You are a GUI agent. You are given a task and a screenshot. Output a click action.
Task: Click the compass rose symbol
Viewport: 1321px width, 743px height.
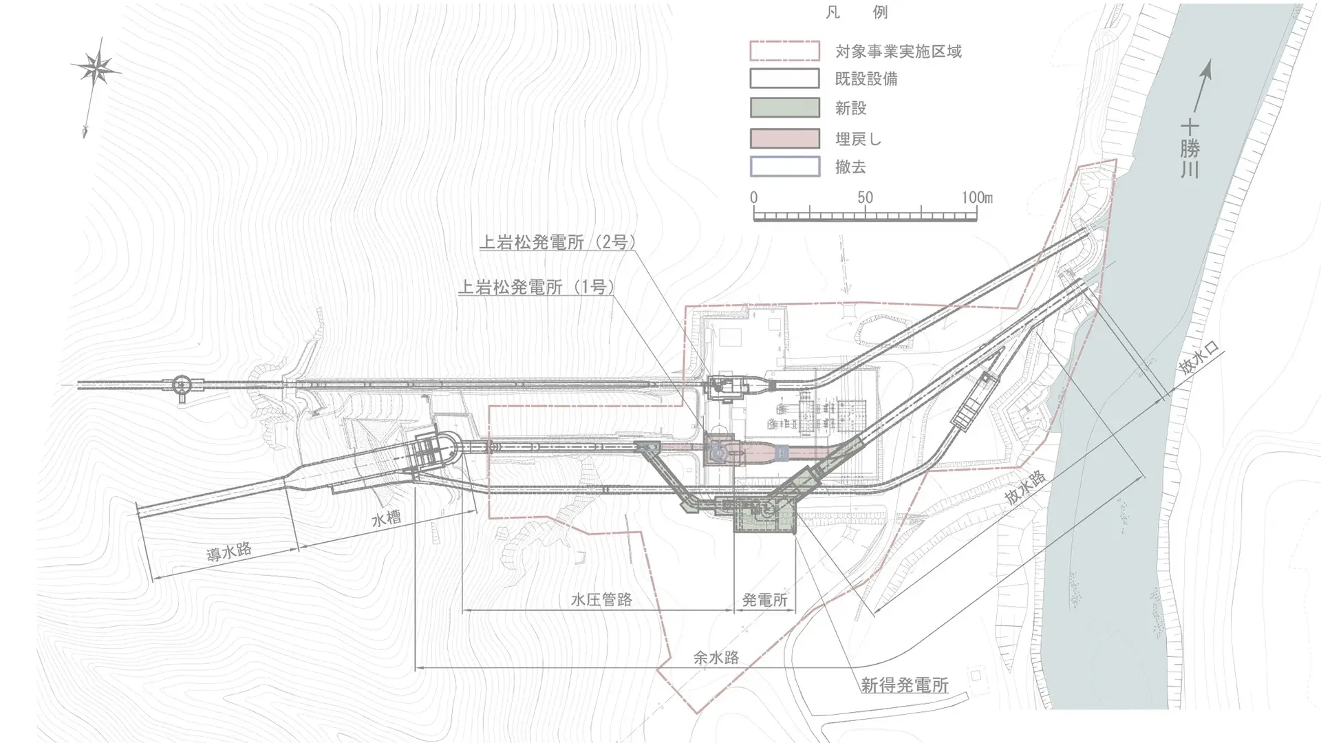(96, 68)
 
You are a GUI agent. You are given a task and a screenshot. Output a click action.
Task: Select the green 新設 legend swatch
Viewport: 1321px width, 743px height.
(784, 108)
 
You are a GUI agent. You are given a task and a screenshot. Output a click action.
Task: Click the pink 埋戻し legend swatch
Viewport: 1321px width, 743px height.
(784, 138)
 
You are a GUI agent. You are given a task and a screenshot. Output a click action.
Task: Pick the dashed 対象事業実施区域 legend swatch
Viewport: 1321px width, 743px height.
(784, 51)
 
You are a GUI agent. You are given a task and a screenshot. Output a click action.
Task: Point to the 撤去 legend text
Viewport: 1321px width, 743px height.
(850, 167)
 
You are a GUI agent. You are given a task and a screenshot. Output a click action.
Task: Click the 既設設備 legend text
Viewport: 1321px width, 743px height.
(866, 79)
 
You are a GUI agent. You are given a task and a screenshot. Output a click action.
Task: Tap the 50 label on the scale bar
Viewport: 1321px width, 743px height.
(865, 198)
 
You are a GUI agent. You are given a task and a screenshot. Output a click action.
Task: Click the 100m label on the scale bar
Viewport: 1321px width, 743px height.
(977, 198)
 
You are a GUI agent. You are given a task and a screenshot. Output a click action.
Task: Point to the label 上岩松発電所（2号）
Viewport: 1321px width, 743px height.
(557, 242)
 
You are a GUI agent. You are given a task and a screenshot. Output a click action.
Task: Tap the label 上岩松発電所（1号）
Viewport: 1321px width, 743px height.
(536, 287)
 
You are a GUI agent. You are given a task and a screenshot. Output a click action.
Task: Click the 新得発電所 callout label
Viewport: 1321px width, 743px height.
(904, 685)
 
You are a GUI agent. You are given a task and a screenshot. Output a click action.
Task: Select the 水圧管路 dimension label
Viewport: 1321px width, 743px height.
(601, 600)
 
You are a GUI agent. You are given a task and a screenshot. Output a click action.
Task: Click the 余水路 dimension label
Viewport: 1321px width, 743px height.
(716, 658)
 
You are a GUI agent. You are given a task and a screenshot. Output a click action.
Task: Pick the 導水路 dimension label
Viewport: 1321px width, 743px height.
(229, 552)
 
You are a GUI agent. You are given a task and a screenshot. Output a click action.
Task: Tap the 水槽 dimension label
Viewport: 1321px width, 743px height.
(387, 517)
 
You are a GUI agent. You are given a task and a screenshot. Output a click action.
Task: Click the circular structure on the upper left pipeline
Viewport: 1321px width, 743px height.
(182, 386)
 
